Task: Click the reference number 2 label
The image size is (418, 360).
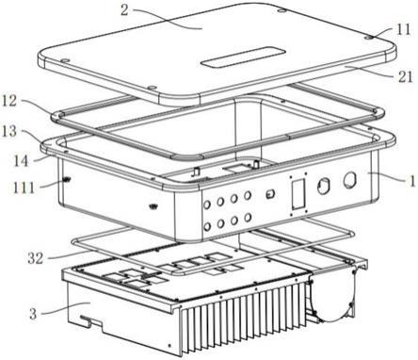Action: click(x=124, y=10)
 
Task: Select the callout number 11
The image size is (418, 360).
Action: click(x=403, y=29)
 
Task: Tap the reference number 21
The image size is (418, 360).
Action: click(x=406, y=76)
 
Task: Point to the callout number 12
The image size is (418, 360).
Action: click(x=9, y=101)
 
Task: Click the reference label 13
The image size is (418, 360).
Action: click(x=8, y=131)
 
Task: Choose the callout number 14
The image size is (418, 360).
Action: click(x=21, y=160)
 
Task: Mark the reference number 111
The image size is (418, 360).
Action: click(x=24, y=188)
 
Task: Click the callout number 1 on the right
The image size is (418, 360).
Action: click(x=412, y=181)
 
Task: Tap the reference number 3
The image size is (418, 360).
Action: click(x=33, y=314)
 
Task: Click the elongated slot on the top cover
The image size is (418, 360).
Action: click(x=243, y=57)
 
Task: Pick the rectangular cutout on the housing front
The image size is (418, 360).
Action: click(x=298, y=193)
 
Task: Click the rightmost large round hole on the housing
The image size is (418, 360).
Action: click(x=349, y=180)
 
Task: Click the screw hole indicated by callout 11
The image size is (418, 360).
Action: click(x=369, y=37)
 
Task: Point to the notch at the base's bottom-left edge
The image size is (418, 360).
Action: click(x=91, y=322)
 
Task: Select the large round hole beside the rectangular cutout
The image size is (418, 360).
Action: click(x=323, y=186)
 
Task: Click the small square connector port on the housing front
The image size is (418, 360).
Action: click(x=269, y=194)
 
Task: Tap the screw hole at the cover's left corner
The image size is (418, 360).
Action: click(x=64, y=60)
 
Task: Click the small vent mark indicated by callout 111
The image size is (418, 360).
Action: click(x=67, y=179)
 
